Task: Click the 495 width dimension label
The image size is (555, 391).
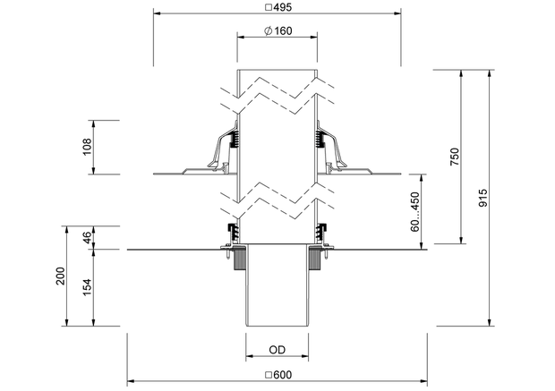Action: pos(283,7)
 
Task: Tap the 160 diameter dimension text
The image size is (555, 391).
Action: pos(283,31)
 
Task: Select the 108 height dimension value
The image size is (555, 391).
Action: pos(87,147)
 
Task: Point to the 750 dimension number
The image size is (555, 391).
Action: pos(454,157)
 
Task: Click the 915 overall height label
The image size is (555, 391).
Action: pos(482,198)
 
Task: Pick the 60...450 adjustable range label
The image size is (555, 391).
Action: pos(414,212)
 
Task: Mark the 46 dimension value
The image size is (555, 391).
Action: pos(87,237)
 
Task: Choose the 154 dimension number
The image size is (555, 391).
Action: pos(87,287)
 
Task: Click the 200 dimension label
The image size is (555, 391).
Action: pos(61,276)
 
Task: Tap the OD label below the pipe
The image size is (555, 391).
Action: pos(277,350)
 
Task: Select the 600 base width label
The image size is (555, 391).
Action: pos(283,375)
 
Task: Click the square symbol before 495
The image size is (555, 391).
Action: pos(269,7)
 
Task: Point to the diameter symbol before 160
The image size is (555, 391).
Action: pos(269,31)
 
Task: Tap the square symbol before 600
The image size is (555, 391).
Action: pos(269,375)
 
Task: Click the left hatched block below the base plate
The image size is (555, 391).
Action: pos(240,259)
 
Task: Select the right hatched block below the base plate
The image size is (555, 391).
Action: pos(314,259)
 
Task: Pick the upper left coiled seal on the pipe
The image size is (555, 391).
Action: pos(234,140)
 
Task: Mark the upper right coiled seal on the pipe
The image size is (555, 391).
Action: pos(320,140)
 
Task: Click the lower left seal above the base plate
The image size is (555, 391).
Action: pos(233,233)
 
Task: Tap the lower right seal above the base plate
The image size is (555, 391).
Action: pos(321,233)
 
